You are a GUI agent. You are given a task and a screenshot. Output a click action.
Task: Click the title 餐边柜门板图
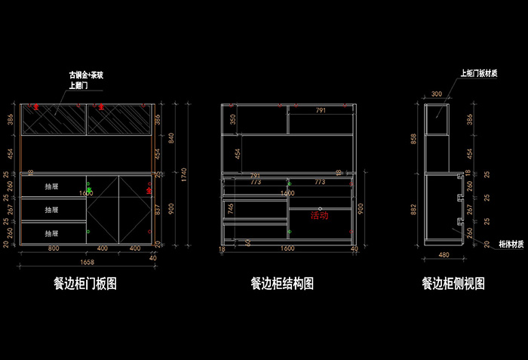[x=84, y=284]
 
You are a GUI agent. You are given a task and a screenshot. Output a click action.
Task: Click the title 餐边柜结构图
[x=282, y=284]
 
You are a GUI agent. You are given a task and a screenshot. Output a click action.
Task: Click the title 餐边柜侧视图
[x=453, y=284]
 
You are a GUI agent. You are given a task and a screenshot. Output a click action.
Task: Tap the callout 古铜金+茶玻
[x=86, y=76]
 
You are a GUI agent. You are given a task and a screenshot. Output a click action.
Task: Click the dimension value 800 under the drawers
[x=54, y=248]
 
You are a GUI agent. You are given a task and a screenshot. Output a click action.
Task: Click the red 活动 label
[x=320, y=215]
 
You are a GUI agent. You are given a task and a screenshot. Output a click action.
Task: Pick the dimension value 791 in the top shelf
[x=321, y=110]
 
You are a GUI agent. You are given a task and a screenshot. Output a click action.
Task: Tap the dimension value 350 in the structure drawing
[x=233, y=119]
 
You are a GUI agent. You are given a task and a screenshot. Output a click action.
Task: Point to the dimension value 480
[x=444, y=255]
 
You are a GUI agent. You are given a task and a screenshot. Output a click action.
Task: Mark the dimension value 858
[x=413, y=139]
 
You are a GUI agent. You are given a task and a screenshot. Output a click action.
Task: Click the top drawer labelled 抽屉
[x=52, y=186]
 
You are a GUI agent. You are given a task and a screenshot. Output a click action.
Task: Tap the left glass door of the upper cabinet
[x=54, y=118]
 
